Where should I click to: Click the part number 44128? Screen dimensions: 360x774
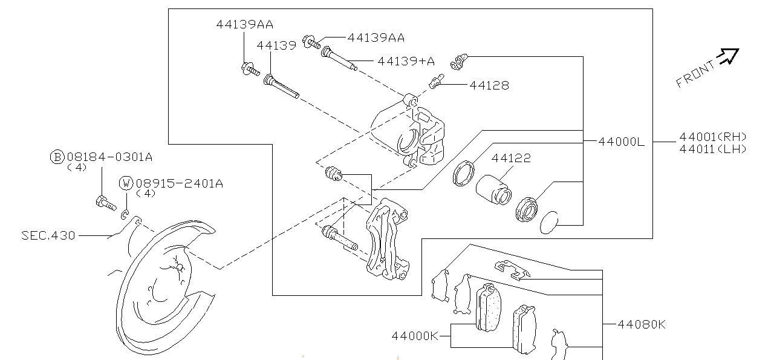click(489, 85)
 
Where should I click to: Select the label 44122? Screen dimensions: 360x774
click(511, 159)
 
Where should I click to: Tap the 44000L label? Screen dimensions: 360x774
click(621, 142)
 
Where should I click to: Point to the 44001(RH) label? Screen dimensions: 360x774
click(712, 137)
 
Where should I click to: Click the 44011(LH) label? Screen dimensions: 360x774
click(712, 149)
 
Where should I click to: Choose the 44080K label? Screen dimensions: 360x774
click(641, 324)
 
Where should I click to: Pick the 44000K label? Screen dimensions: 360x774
click(414, 335)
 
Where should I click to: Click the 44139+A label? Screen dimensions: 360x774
click(406, 61)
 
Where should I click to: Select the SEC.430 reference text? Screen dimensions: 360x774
click(48, 235)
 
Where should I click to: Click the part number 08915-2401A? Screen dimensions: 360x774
click(179, 183)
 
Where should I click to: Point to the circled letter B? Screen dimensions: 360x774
click(57, 157)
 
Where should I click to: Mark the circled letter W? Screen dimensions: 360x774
click(126, 183)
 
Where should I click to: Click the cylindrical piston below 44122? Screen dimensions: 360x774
click(492, 189)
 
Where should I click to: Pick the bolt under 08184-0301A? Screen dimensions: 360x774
click(105, 203)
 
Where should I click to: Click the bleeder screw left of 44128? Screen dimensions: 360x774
click(437, 82)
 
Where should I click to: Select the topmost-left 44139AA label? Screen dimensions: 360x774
click(244, 25)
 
